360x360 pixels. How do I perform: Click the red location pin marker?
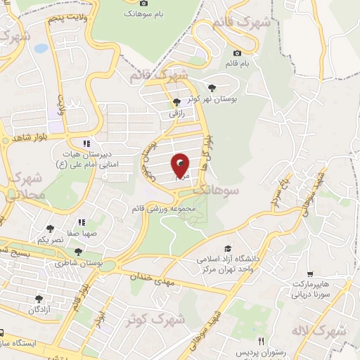tap(181, 166)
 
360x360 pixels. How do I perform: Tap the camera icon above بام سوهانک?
tap(144, 4)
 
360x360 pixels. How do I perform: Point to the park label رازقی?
tap(175, 112)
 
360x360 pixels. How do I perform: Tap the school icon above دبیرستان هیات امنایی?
tap(86, 143)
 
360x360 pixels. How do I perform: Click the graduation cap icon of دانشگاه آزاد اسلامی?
tap(227, 248)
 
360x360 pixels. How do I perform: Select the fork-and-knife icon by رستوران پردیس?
tap(261, 341)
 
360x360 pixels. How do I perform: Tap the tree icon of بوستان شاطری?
tap(78, 252)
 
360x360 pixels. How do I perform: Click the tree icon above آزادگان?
tap(39, 299)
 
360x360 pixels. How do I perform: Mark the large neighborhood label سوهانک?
tap(215, 191)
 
